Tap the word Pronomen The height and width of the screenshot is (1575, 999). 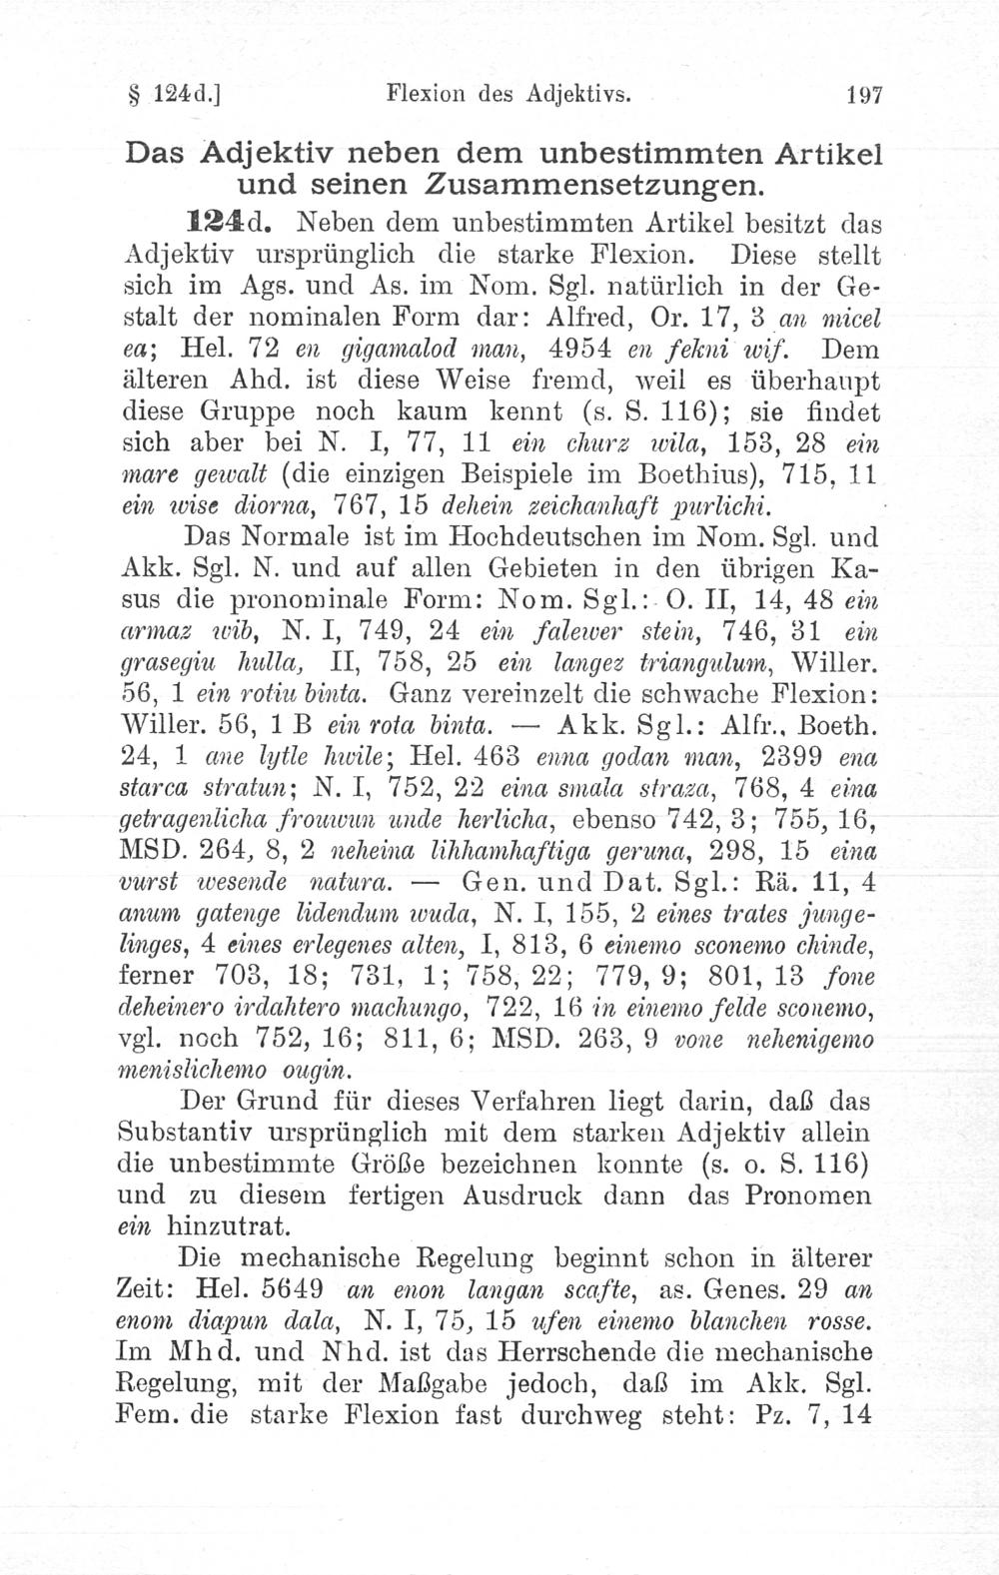point(804,1194)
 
